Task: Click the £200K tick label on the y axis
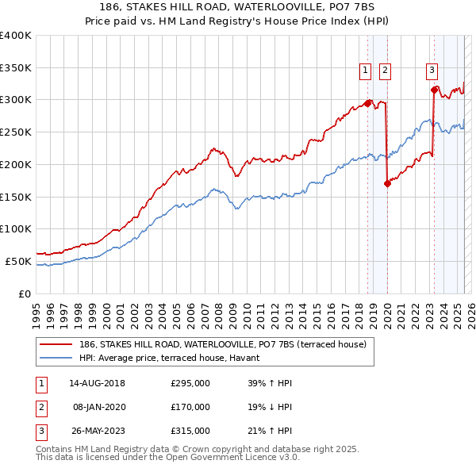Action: pos(16,164)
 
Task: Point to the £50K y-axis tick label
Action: pos(18,261)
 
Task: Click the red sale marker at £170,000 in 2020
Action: pos(387,183)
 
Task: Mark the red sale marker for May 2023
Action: pos(434,90)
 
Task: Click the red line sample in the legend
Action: pos(56,345)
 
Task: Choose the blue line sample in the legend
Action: pos(56,359)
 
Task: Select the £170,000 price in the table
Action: pos(190,407)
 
